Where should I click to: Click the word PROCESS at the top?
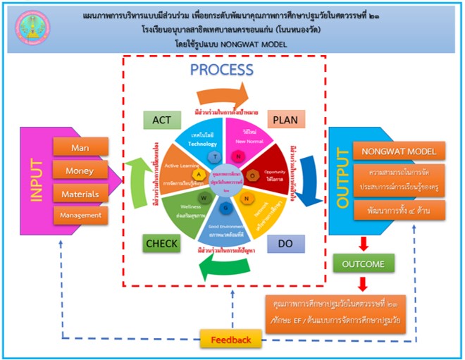click(222, 70)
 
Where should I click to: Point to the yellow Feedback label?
click(230, 340)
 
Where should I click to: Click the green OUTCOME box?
click(363, 264)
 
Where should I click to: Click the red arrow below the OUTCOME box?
click(363, 283)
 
